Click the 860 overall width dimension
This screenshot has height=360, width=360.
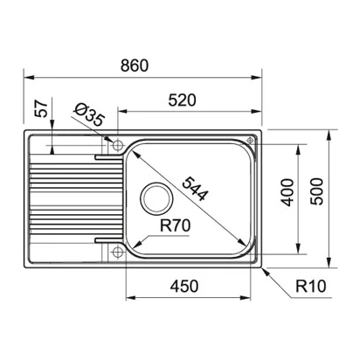135,66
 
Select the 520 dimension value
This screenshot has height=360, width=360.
183,100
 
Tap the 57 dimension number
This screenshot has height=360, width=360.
41,108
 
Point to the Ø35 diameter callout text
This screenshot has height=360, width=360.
89,115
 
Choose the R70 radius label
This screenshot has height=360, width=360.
176,225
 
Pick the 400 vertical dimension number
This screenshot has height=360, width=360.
287,192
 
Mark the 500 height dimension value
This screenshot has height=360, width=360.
316,191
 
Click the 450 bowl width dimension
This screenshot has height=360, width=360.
184,287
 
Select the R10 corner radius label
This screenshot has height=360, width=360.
311,287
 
